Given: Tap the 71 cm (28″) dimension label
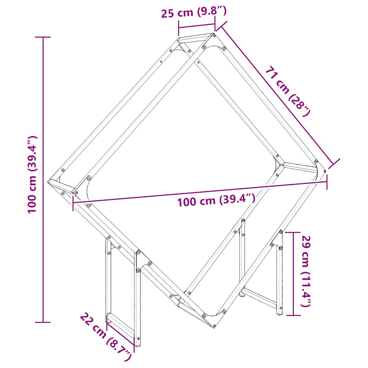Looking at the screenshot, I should coord(287,91).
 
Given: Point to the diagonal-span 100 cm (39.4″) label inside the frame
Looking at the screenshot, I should coord(216,200).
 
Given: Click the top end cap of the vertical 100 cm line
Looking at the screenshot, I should coord(43,37).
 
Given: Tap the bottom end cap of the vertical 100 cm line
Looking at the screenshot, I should coord(43,322).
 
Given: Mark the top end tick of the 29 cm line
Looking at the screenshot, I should coord(294,233).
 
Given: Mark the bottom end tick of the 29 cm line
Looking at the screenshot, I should coord(294,315).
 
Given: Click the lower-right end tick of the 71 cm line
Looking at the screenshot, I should coord(334,164).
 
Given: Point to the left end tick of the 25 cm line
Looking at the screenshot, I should coord(179,28).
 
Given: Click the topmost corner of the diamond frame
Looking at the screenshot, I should coord(214,34).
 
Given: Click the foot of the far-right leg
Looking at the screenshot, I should coord(279,313).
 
